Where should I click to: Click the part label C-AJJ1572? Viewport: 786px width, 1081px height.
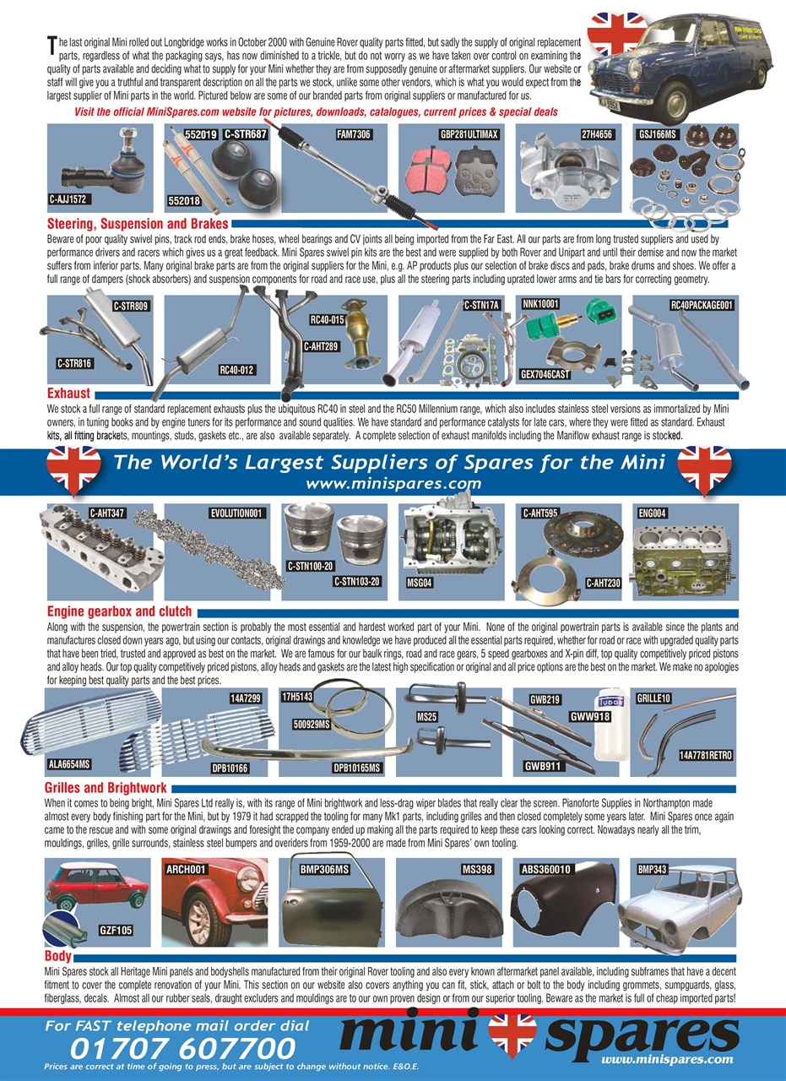(70, 200)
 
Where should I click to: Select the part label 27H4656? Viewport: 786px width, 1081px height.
(596, 134)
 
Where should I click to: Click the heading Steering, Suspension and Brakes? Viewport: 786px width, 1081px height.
(138, 225)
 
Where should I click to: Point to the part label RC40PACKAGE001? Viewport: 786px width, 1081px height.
(702, 305)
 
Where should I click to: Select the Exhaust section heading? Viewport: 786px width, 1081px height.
(68, 394)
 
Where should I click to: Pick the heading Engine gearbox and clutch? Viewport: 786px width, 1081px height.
(119, 611)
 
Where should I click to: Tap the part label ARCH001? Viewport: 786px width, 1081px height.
(186, 868)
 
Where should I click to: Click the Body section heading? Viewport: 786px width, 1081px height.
(58, 957)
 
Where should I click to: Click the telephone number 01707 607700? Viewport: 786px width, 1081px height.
(183, 1048)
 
